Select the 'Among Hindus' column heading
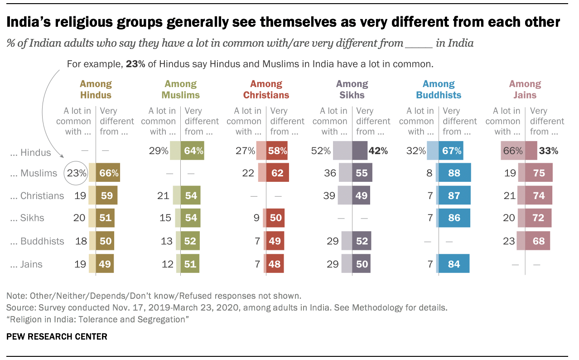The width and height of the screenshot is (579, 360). click(96, 89)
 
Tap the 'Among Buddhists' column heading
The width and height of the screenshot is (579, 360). click(439, 89)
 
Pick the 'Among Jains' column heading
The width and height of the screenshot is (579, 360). click(525, 89)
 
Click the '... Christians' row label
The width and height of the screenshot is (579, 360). click(38, 196)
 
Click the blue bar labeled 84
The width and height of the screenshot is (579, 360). click(452, 264)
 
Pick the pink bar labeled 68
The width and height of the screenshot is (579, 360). click(538, 241)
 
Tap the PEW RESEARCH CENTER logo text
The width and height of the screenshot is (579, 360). click(57, 336)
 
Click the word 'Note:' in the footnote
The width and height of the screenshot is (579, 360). click(16, 296)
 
